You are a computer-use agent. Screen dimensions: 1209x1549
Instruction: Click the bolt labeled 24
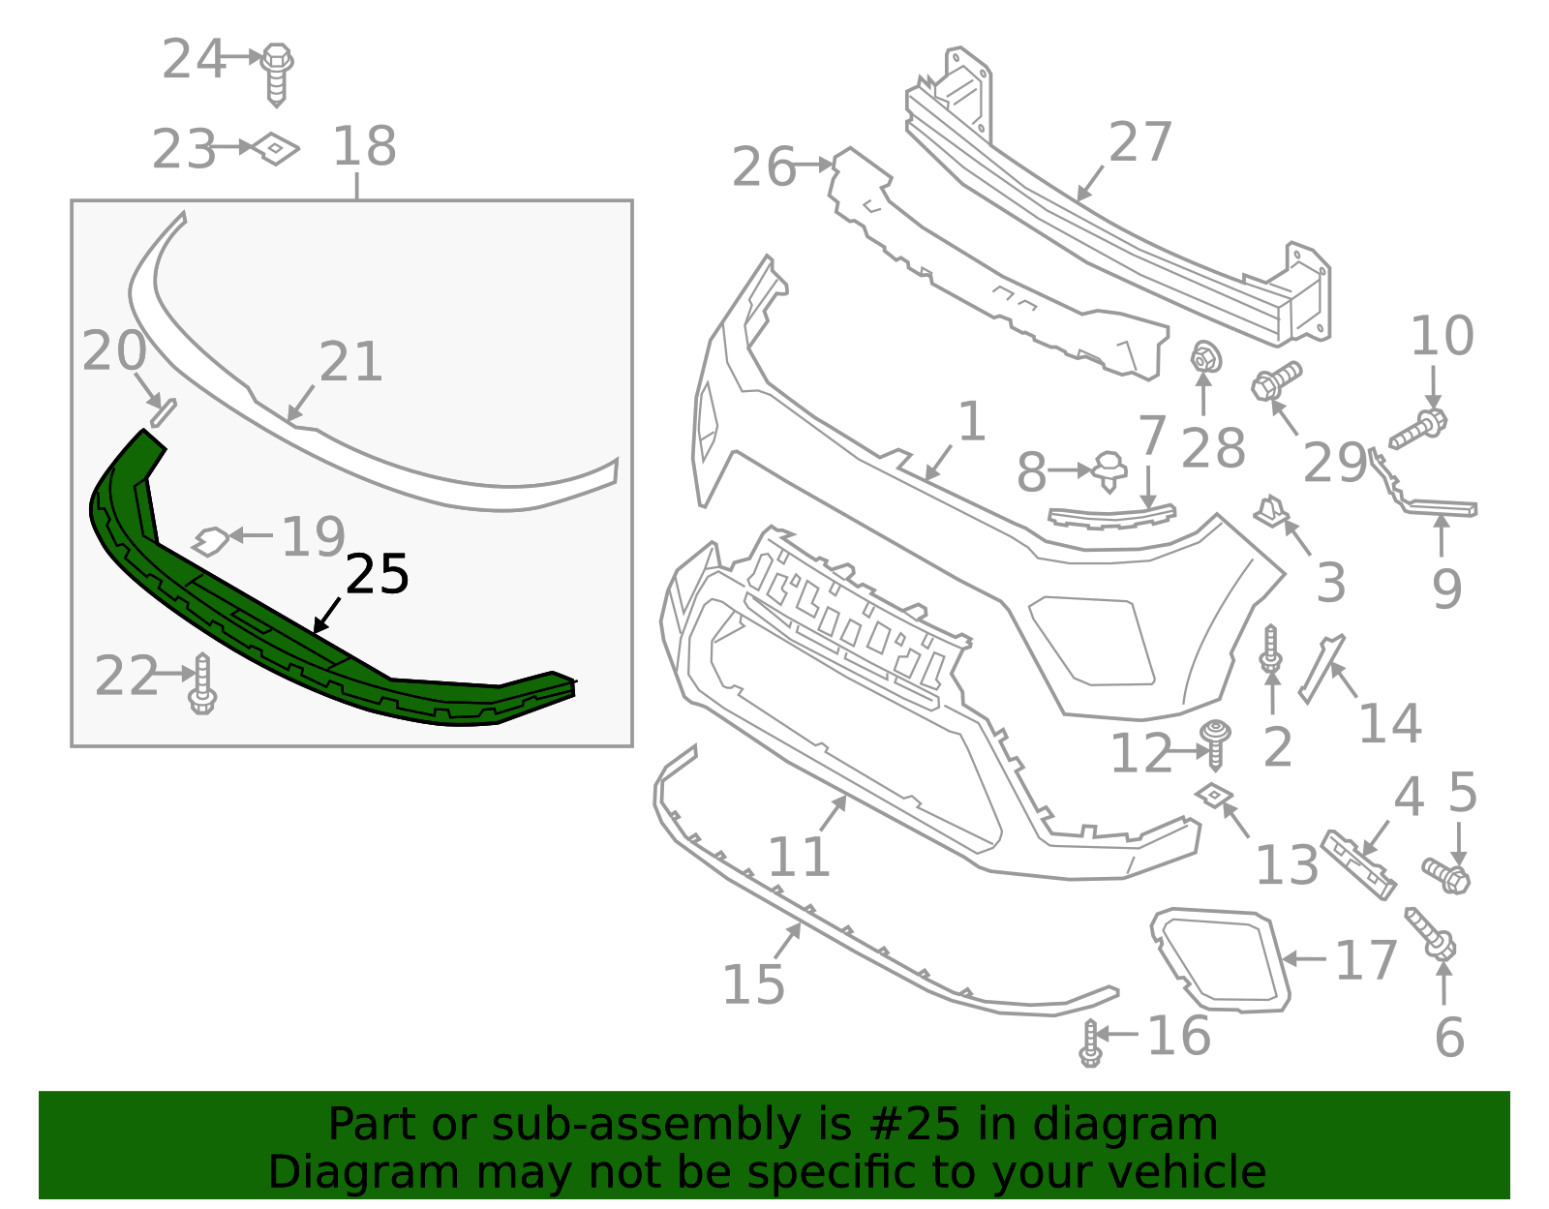coord(277,71)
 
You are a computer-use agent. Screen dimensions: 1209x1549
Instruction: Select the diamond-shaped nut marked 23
coord(276,148)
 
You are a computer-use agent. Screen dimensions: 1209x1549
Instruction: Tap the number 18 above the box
coord(364,147)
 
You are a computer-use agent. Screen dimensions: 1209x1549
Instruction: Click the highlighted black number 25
coord(377,575)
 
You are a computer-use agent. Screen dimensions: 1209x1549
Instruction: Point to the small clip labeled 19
coord(210,540)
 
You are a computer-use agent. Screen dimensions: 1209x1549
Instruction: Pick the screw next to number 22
coord(202,683)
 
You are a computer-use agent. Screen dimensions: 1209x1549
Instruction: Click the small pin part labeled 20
coord(163,411)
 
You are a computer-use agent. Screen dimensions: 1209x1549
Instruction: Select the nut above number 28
coord(1204,358)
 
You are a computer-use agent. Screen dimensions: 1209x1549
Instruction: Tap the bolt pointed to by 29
coord(1275,380)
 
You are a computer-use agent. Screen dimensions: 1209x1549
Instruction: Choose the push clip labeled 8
coord(1109,470)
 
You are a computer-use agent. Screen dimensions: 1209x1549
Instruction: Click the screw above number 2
coord(1271,649)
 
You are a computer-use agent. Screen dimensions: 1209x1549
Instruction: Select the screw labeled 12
coord(1216,741)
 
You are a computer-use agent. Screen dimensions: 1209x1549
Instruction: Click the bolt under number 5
coord(1446,875)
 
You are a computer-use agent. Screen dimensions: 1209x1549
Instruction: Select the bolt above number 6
coord(1431,932)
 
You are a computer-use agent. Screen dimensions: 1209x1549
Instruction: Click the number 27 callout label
coord(1139,142)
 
